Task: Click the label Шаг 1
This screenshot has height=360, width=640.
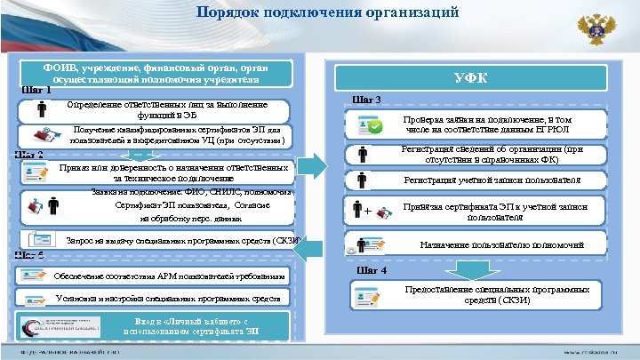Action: click(x=36, y=90)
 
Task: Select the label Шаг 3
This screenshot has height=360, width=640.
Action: click(x=368, y=100)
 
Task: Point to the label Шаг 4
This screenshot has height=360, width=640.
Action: click(x=371, y=270)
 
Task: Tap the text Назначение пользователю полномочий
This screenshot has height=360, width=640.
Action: click(x=501, y=244)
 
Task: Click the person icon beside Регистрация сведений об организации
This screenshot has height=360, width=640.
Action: click(x=363, y=154)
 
